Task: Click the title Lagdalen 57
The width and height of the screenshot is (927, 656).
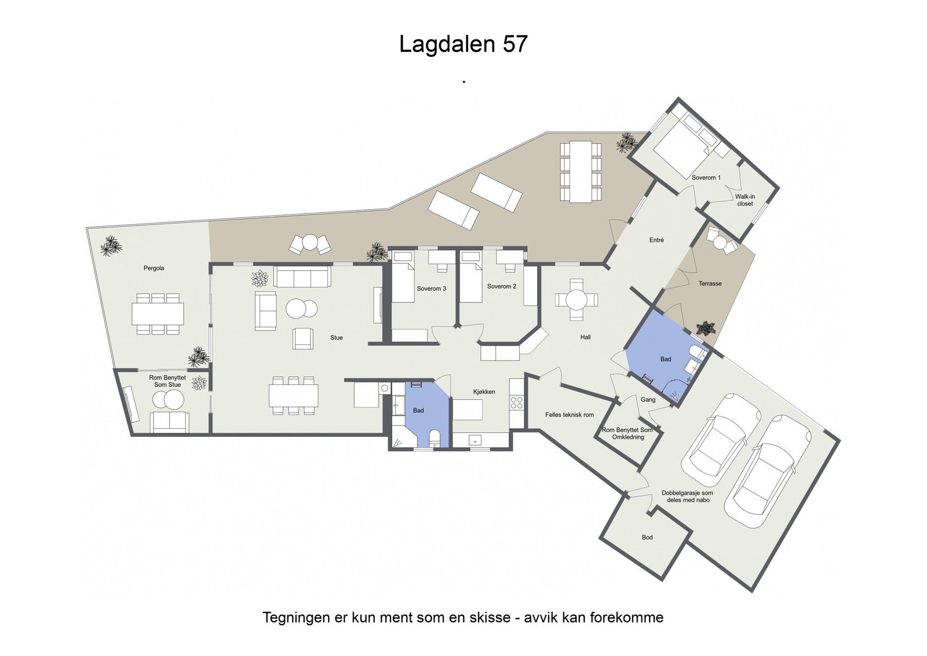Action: pos(463,44)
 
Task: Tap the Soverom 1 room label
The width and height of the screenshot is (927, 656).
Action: pos(706,177)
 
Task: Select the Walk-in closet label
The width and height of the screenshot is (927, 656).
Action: pos(745,201)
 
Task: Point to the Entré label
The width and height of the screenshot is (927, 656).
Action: pos(656,240)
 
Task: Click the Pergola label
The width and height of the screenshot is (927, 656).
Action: pos(154,268)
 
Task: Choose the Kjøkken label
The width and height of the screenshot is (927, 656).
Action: pos(484,392)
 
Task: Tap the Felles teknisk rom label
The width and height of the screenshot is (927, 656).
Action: pos(570,414)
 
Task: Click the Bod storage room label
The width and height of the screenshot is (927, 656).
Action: pos(647,537)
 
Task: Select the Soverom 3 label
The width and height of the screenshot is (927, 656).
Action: pos(431,289)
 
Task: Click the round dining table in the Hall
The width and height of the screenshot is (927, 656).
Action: pos(576,299)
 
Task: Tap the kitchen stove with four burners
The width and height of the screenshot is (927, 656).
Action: pos(516,403)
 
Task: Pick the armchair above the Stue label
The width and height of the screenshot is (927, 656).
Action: pos(303,338)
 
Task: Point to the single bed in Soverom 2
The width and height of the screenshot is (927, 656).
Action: pos(472,276)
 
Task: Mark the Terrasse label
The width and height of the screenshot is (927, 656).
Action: pos(710,283)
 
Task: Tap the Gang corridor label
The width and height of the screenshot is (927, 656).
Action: pos(648,399)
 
